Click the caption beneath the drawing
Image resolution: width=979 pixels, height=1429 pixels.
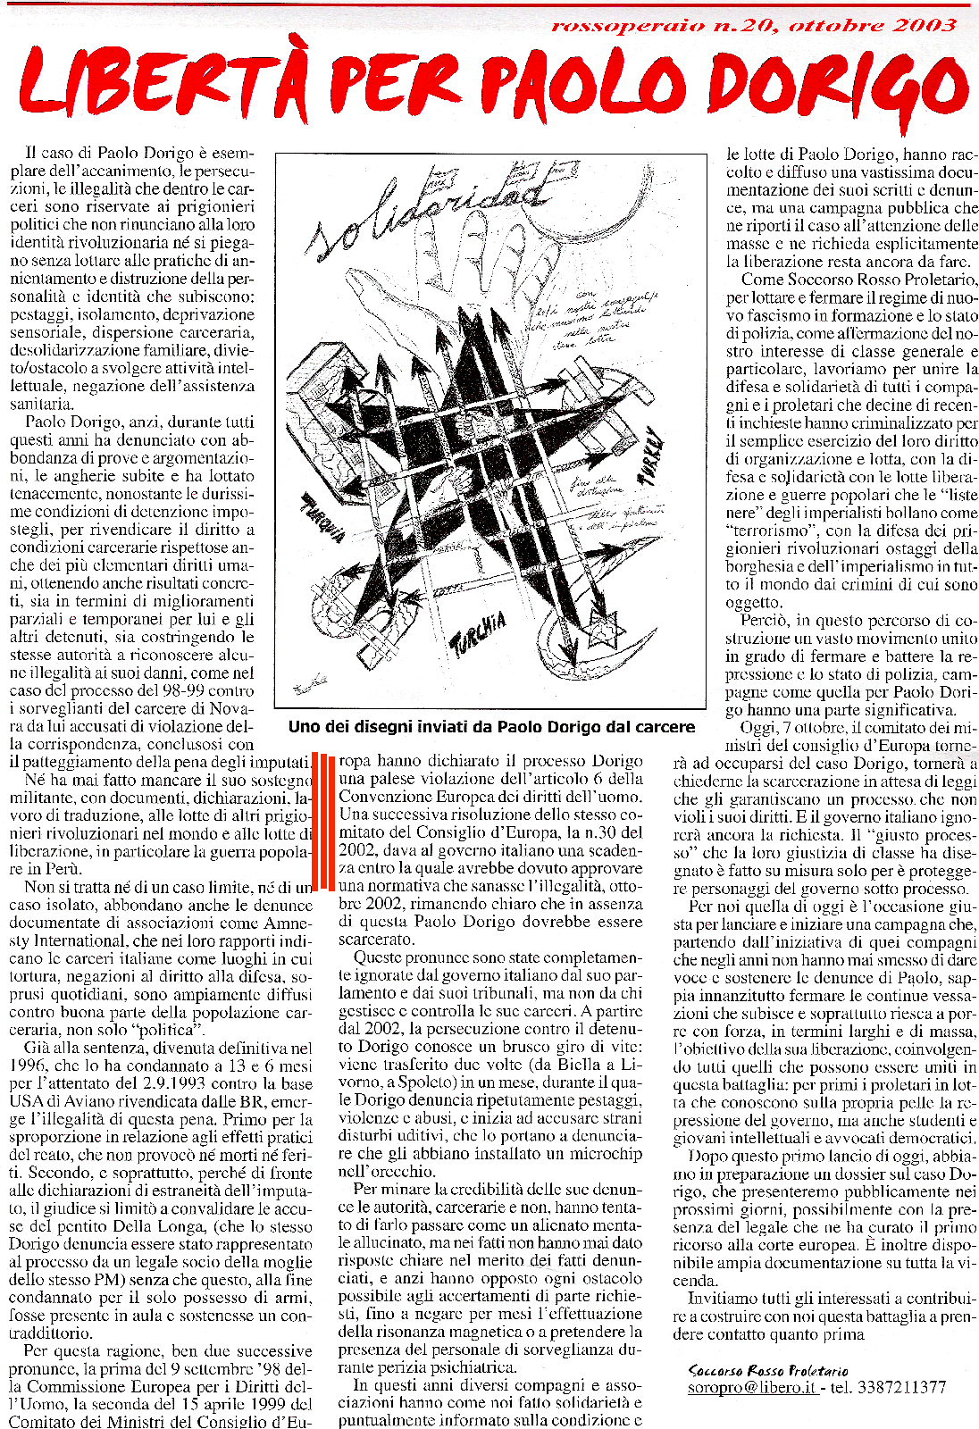pos(491,727)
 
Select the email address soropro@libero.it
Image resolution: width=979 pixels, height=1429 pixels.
pos(751,1387)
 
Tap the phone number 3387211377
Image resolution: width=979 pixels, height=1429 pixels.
pos(901,1387)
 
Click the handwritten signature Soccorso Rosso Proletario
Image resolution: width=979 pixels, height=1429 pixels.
pos(768,1370)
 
